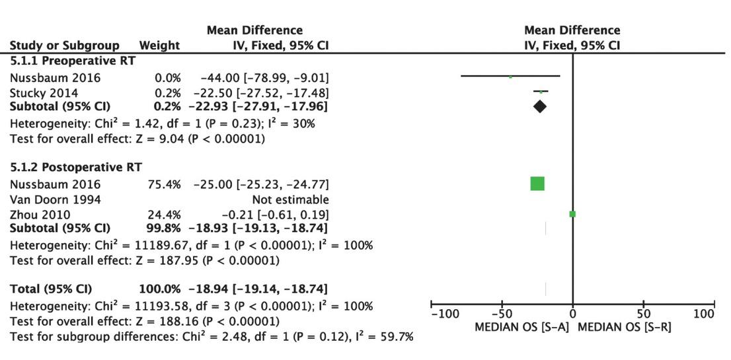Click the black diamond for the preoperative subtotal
(x=540, y=106)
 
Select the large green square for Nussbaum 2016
(x=537, y=184)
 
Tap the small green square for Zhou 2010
(x=572, y=214)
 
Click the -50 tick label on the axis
(x=501, y=314)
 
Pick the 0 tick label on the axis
(x=572, y=314)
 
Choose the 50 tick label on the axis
(x=643, y=314)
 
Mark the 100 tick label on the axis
(x=705, y=314)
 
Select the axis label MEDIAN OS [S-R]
(x=625, y=327)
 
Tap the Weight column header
(x=159, y=46)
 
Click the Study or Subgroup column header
(x=64, y=46)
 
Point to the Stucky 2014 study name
(x=44, y=92)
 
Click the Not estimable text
(x=290, y=199)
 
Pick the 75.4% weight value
(x=164, y=184)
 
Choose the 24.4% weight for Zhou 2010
(x=164, y=214)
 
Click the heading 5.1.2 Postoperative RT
(x=76, y=167)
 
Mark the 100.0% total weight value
(x=159, y=289)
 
